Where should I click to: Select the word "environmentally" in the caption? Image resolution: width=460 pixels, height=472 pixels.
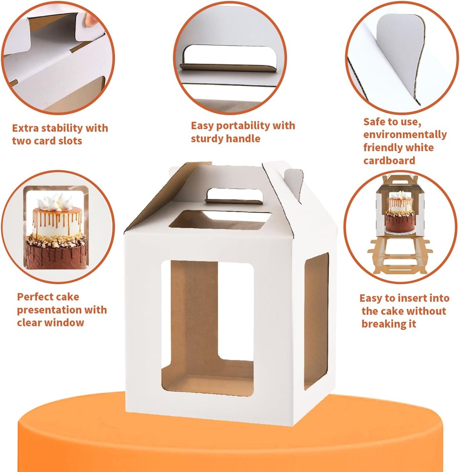click(405, 135)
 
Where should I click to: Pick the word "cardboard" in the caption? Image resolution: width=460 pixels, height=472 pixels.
click(389, 160)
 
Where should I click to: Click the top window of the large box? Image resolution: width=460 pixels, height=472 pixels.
click(220, 220)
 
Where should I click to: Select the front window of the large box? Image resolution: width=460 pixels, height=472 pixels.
click(207, 327)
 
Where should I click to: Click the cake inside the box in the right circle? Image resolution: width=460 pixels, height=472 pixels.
click(400, 212)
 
